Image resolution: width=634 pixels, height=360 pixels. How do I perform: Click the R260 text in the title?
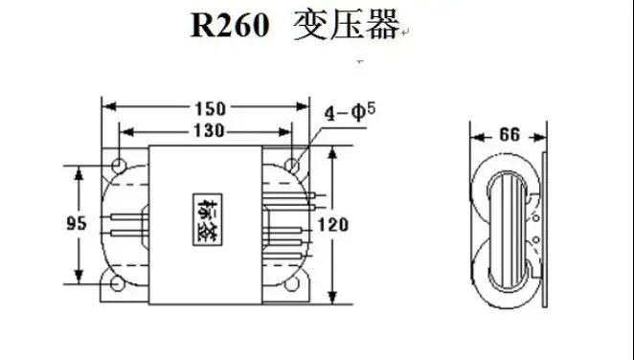pos(230,25)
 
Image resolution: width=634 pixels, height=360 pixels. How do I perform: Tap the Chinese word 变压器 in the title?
pos(347,25)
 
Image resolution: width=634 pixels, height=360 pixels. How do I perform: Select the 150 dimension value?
pos(211,108)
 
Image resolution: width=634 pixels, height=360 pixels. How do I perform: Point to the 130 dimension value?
pos(209,131)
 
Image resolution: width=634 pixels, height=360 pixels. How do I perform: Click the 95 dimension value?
pos(77,223)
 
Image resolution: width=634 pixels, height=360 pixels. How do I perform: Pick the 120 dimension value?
pos(333,225)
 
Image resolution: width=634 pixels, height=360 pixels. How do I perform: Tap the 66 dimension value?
pos(509,135)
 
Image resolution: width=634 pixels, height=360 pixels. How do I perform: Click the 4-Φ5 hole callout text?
pos(351,112)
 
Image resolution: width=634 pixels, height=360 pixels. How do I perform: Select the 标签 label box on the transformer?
pos(207,220)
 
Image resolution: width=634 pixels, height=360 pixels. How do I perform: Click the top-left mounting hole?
pos(119,166)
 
